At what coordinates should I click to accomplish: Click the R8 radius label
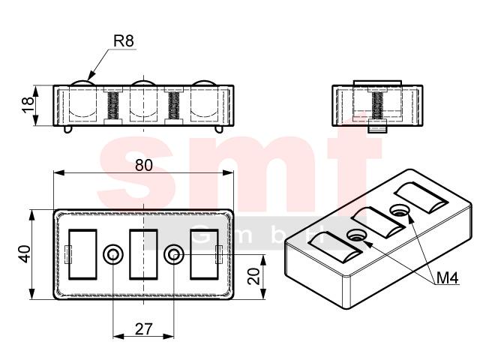(x=124, y=40)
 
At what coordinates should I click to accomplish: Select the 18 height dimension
(x=28, y=105)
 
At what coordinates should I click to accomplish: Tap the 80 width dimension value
(x=143, y=165)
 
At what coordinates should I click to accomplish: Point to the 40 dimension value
(x=25, y=253)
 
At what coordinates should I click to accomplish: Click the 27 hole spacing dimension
(x=143, y=328)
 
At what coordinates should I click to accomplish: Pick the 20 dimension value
(x=253, y=276)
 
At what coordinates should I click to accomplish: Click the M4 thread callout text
(x=447, y=278)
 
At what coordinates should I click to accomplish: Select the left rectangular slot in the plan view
(x=82, y=254)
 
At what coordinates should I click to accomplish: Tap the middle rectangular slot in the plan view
(x=143, y=254)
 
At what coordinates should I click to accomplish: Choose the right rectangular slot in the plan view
(x=204, y=254)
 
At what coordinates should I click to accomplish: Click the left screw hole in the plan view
(x=113, y=254)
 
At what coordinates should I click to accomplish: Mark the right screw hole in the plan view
(x=174, y=254)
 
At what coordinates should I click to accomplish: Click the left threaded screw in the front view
(x=113, y=106)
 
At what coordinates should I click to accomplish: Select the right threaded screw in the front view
(x=174, y=106)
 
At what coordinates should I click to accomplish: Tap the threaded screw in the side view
(x=377, y=106)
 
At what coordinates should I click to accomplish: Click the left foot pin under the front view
(x=68, y=130)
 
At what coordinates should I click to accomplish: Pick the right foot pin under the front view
(x=218, y=130)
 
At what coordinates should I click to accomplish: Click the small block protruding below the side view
(x=377, y=127)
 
